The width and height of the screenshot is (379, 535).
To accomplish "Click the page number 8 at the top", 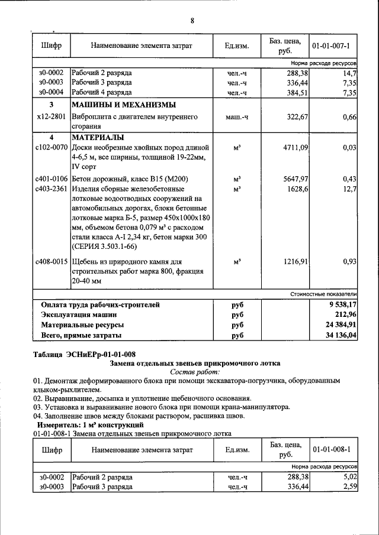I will click(192, 21).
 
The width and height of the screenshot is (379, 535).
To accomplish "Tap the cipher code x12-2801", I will click(51, 117).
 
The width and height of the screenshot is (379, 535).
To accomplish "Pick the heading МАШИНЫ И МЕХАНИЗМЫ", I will click(123, 104).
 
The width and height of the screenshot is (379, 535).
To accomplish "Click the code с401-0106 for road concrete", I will click(51, 179).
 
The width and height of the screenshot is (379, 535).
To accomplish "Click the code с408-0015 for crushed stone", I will click(51, 261).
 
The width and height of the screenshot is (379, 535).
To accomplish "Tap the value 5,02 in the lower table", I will click(351, 476).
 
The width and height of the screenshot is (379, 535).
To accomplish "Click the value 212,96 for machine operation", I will click(344, 314).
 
